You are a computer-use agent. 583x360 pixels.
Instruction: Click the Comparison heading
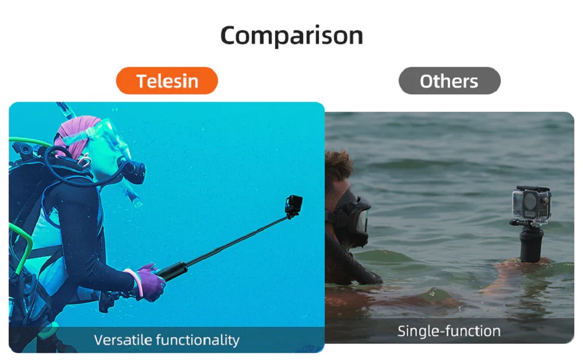point(291,36)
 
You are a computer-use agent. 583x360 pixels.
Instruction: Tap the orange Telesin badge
point(167,80)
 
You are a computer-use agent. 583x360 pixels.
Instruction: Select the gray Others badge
point(449,80)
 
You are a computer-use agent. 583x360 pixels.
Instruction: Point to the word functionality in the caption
point(198,340)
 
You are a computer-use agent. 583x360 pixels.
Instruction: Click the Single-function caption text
point(449,331)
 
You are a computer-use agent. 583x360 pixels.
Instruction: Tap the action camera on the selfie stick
point(293,206)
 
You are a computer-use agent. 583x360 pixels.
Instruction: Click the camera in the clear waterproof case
point(531,206)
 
